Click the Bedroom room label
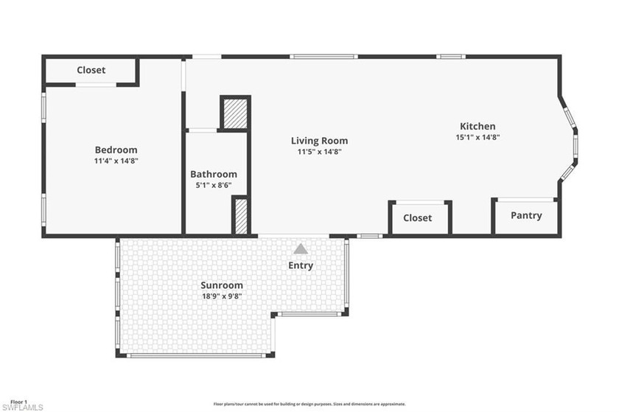pos(116,150)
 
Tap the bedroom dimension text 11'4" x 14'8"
pos(116,161)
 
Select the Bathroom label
pos(214,174)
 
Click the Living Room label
pos(319,141)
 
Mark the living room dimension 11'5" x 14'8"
pos(319,152)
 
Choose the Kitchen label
pos(478,126)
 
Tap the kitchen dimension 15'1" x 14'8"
pos(478,137)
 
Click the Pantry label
pos(526,215)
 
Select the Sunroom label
pos(222,285)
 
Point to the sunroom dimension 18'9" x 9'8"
pos(222,296)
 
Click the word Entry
pos(301,265)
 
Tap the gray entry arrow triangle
pos(301,250)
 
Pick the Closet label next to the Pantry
pos(417,218)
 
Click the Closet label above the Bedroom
pos(91,70)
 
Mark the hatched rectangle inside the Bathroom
pos(240,216)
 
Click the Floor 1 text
pos(14,402)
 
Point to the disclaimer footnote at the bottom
pos(309,404)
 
